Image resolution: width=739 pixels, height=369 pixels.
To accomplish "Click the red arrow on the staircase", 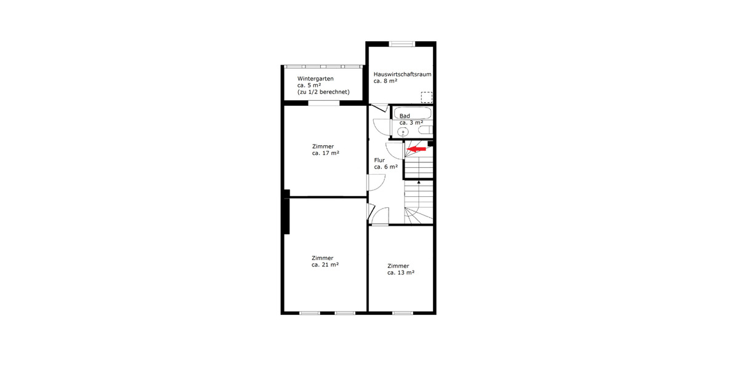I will coord(417,149).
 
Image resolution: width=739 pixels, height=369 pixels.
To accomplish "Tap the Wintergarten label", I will coord(315,79).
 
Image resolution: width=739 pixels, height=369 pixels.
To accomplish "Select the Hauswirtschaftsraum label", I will coord(402,74).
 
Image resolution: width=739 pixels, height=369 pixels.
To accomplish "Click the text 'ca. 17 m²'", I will coord(326,153).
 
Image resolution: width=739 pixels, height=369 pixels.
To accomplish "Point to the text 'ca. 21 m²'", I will coord(325,264).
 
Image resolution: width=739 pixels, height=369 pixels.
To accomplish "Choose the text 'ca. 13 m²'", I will coord(400,272).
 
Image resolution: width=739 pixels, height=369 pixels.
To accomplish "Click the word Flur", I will coord(379,160).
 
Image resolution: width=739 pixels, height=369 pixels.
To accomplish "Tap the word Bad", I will coord(405,116).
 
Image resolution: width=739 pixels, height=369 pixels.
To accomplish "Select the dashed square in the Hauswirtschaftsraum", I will coord(427,97).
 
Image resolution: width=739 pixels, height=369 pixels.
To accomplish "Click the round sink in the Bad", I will coord(403,131).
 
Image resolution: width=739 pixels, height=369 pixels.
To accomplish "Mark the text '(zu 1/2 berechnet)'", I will coord(323,92).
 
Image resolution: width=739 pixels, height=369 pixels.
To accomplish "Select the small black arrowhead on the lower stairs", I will coord(419,182).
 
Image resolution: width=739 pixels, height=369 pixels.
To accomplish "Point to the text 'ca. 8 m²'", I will coord(385,81).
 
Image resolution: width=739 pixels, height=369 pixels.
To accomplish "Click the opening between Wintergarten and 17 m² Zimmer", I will coord(324,103).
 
